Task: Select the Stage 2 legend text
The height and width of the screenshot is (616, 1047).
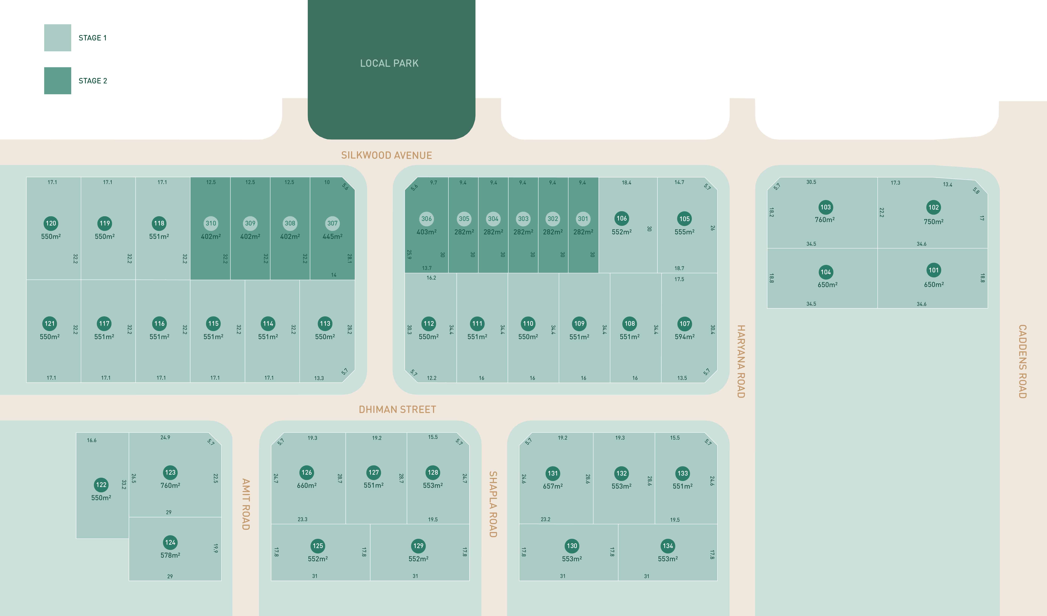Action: [x=93, y=81]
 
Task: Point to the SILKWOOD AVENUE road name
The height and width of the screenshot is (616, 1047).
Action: [x=386, y=155]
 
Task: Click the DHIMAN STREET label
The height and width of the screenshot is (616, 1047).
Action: [x=397, y=410]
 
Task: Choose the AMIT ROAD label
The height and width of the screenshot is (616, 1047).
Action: [x=246, y=504]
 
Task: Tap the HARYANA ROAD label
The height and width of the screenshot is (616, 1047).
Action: [x=741, y=361]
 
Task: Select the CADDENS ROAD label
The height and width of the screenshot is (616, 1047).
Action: [x=1022, y=361]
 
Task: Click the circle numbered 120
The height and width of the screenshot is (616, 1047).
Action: [x=51, y=223]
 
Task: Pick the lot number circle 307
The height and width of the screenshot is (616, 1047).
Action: [x=332, y=223]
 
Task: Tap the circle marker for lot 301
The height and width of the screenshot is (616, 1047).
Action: [x=583, y=219]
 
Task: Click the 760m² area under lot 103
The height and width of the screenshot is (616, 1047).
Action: [x=825, y=220]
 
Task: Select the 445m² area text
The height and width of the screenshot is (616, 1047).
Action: [x=332, y=236]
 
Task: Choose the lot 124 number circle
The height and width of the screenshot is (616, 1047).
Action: [x=170, y=542]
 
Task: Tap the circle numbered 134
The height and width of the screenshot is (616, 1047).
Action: [x=668, y=546]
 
